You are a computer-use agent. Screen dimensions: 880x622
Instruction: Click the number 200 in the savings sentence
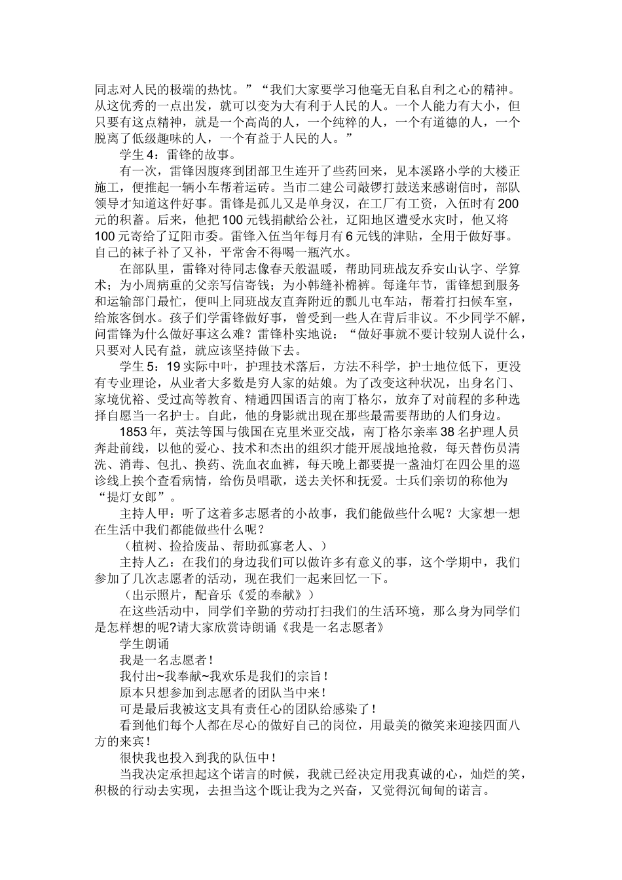click(x=509, y=203)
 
